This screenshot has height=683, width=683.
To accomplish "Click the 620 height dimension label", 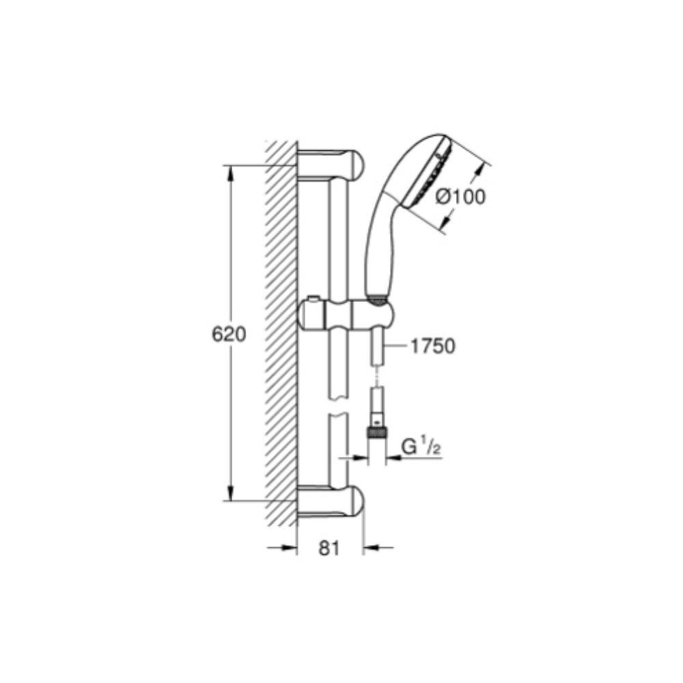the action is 229,334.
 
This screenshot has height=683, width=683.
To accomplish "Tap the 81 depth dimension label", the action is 329,548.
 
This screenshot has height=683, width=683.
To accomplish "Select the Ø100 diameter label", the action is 460,197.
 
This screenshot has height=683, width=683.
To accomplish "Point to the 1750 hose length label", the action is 432,346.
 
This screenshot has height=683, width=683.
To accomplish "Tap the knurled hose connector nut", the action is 377,432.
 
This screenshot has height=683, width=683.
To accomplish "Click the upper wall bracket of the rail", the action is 331,165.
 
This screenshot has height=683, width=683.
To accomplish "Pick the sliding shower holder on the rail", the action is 347,315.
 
